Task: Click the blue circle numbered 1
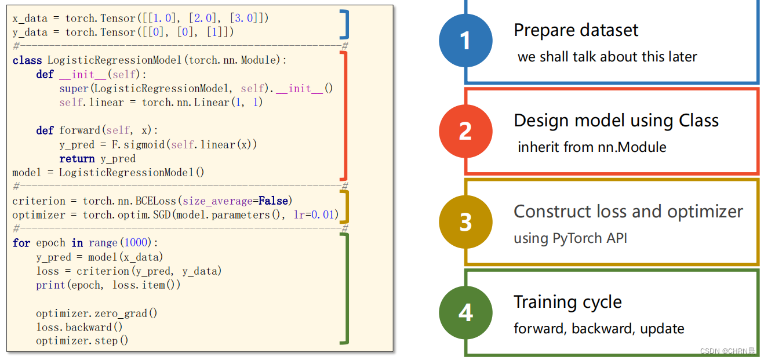pyautogui.click(x=465, y=41)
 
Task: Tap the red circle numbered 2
pyautogui.click(x=465, y=131)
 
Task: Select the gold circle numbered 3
pyautogui.click(x=465, y=222)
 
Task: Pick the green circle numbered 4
pyautogui.click(x=465, y=312)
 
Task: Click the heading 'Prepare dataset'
pyautogui.click(x=576, y=30)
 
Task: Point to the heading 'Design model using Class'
pyautogui.click(x=616, y=121)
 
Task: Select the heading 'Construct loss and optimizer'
pyautogui.click(x=628, y=212)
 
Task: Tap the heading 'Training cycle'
pyautogui.click(x=567, y=302)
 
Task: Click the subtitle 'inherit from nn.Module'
pyautogui.click(x=592, y=147)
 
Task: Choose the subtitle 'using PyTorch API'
pyautogui.click(x=570, y=238)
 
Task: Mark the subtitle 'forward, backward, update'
pyautogui.click(x=599, y=329)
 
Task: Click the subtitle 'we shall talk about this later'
pyautogui.click(x=607, y=57)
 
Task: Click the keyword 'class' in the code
pyautogui.click(x=27, y=60)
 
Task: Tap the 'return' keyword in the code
pyautogui.click(x=77, y=159)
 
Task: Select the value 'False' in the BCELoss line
pyautogui.click(x=274, y=201)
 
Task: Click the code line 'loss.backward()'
pyautogui.click(x=79, y=327)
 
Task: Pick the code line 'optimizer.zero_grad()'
pyautogui.click(x=97, y=313)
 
